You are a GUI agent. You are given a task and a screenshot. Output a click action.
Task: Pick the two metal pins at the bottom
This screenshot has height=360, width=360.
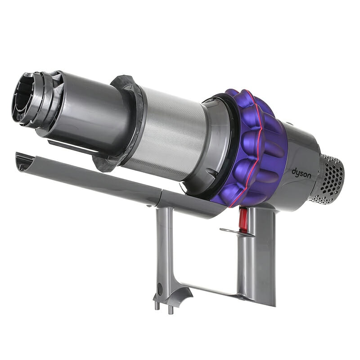pyautogui.click(x=163, y=306)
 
